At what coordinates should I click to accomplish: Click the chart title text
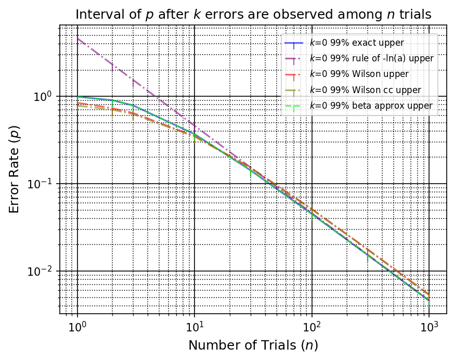253,15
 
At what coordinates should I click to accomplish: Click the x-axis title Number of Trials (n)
253,345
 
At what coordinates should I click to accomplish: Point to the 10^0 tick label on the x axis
77,328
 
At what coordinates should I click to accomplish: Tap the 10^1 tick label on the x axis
194,328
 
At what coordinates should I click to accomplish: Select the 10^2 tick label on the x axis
312,328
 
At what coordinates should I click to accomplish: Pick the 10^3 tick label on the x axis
429,328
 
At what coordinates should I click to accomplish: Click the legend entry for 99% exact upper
356,43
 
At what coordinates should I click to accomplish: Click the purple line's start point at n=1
77,38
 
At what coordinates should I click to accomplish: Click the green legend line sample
294,106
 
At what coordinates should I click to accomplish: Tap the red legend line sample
294,74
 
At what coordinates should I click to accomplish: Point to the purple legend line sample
294,58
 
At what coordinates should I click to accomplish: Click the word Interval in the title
94,15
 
